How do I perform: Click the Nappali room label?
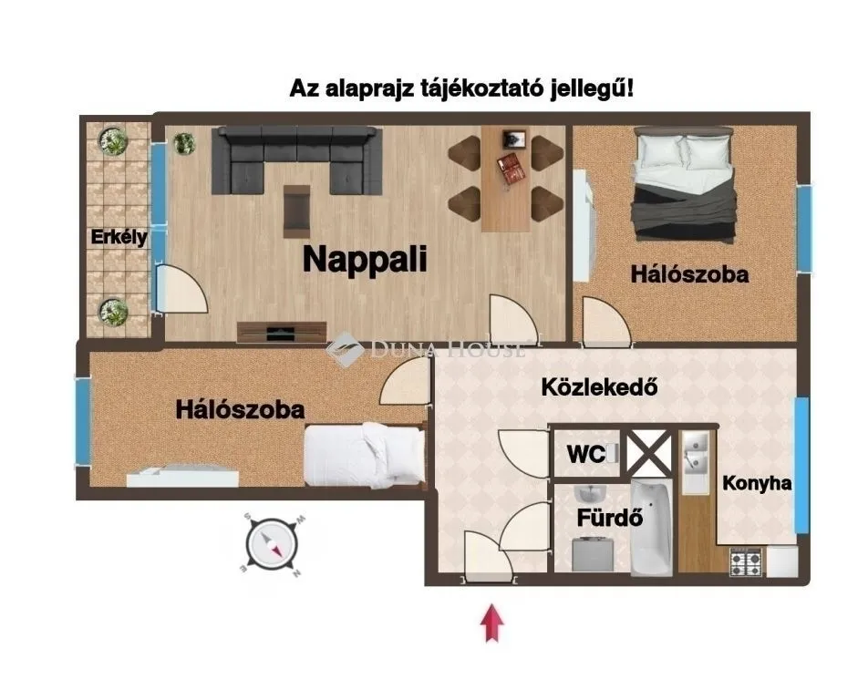pos(365,259)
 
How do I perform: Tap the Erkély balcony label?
pos(119,238)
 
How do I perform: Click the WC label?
pos(585,454)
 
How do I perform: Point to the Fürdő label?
pos(610,518)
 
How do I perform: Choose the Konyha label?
pos(757,484)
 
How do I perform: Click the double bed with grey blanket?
pos(685,187)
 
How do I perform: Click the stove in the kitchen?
pos(746,563)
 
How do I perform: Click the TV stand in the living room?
pos(281,332)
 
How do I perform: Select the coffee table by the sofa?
pos(296,210)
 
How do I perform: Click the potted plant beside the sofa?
pos(183,143)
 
